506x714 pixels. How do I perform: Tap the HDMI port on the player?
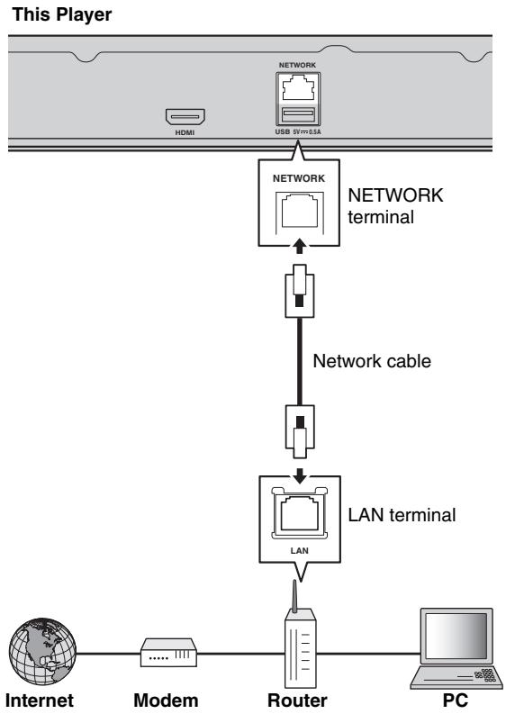tap(185, 116)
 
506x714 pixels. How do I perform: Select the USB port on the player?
tap(297, 114)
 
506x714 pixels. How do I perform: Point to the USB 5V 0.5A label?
tap(297, 131)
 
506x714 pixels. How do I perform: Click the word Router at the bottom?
tap(297, 700)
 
